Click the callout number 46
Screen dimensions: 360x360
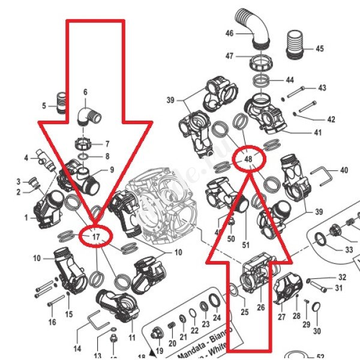coord(229,34)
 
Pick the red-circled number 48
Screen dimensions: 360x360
coord(248,158)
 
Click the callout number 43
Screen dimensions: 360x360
coord(322,88)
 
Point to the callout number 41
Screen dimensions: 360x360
coord(318,133)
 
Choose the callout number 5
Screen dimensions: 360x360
coord(44,106)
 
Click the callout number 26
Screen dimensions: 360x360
coord(260,308)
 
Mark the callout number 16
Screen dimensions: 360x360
coord(52,322)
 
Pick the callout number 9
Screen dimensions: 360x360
coord(111,170)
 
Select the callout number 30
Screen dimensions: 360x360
coord(317,331)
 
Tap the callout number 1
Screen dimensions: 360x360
coord(26,218)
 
